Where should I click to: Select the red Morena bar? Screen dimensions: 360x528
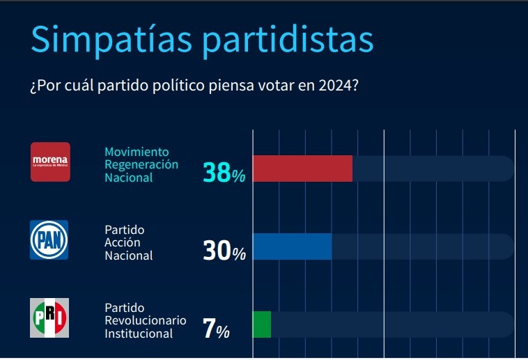pos(302,169)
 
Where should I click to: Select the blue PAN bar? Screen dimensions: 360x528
pos(291,246)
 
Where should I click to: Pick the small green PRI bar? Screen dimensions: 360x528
pos(261,324)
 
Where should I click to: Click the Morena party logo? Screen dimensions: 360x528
pos(50,162)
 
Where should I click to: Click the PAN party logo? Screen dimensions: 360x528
pos(49,240)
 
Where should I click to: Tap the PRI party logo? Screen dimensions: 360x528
pos(49,318)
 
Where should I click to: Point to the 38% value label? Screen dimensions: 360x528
pos(224,172)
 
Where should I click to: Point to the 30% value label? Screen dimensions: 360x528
pos(224,251)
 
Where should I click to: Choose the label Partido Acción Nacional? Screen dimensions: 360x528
pos(128,242)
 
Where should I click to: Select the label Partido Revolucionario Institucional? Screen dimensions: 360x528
pos(145,320)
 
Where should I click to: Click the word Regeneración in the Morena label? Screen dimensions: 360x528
pos(141,164)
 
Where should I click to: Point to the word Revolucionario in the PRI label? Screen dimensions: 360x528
pos(145,320)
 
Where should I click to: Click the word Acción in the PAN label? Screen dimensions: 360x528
pos(123,242)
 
